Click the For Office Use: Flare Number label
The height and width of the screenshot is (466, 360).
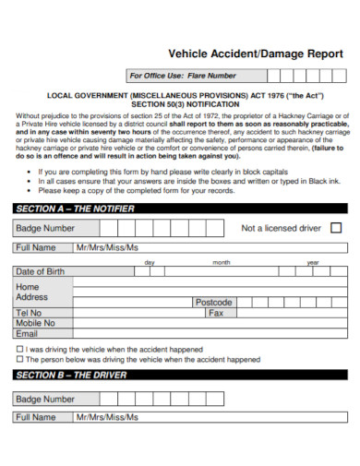(183, 76)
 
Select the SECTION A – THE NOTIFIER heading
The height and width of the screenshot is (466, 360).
(76, 209)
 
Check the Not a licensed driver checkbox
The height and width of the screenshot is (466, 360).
(335, 227)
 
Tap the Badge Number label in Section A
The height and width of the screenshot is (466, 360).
(45, 228)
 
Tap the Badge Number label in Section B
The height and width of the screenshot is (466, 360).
(45, 399)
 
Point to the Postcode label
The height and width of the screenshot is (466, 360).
(213, 303)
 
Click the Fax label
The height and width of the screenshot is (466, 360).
(216, 313)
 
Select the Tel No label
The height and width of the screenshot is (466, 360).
(30, 313)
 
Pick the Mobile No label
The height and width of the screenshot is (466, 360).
(36, 323)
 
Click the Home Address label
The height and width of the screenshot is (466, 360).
(32, 292)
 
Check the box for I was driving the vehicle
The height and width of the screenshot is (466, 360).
(20, 350)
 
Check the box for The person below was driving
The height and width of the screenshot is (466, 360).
(20, 360)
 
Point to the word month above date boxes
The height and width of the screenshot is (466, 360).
(222, 262)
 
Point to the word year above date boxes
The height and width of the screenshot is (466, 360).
(312, 262)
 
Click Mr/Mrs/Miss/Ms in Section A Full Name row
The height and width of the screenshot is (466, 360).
(107, 248)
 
